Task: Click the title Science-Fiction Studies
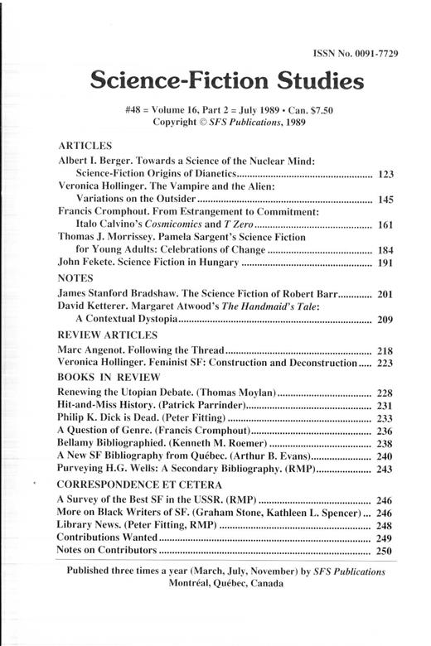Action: [x=226, y=81]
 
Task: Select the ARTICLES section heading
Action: [x=85, y=142]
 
